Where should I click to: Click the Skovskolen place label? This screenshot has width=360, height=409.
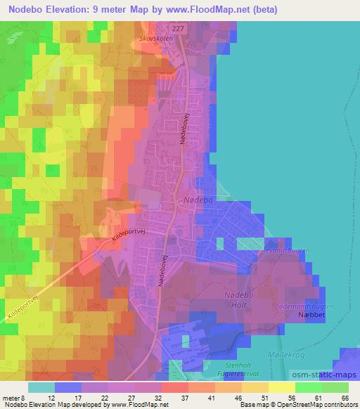pyautogui.click(x=156, y=39)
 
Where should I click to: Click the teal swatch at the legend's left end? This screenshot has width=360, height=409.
pyautogui.click(x=42, y=387)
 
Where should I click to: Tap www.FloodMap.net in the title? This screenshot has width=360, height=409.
pyautogui.click(x=212, y=10)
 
